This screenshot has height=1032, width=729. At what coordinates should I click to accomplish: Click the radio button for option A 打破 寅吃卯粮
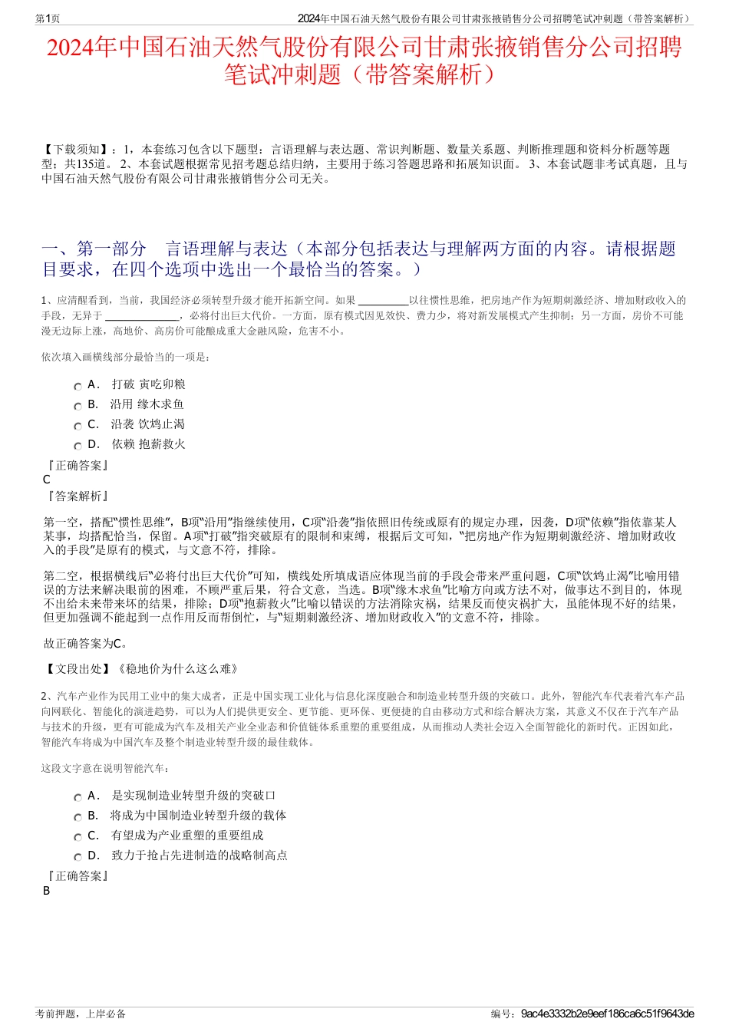coord(78,386)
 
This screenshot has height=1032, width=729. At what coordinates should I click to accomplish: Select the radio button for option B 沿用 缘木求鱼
coord(78,406)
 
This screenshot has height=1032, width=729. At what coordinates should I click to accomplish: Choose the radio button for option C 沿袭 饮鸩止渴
coord(78,426)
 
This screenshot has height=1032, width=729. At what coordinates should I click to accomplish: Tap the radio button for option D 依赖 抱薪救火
coord(78,446)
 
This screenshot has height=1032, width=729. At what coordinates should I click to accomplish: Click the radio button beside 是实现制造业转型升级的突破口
coord(78,797)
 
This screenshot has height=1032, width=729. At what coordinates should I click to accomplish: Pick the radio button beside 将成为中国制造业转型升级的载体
coord(78,817)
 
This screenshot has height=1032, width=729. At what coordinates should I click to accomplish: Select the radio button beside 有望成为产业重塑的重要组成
coord(78,837)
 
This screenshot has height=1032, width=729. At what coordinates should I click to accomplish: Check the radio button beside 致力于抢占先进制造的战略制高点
coord(78,857)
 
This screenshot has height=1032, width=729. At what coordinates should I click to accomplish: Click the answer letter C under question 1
coord(47,480)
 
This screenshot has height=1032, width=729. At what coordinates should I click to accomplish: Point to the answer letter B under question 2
coord(47,891)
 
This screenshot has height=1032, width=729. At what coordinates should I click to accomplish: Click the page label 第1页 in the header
coord(48,18)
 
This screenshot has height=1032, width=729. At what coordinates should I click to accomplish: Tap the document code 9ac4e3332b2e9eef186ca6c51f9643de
coord(607,1014)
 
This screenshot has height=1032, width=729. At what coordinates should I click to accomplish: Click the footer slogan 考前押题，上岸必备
coord(81,1014)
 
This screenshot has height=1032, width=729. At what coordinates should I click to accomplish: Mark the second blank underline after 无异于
coord(141,316)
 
